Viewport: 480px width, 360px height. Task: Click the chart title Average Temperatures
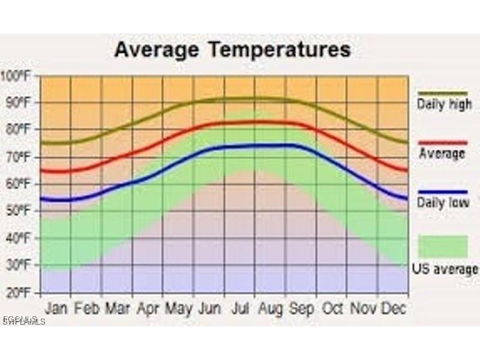pos(232,49)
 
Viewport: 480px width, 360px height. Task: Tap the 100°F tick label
pos(17,76)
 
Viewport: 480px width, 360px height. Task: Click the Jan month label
pos(56,308)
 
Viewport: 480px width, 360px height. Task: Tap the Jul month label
pos(240,308)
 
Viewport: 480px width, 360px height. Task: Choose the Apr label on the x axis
pos(148,308)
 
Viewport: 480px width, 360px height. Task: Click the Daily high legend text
pos(444,104)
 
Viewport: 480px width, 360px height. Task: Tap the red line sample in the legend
pos(443,143)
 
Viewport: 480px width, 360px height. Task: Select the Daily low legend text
pos(443,203)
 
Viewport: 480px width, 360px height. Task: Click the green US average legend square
pos(443,247)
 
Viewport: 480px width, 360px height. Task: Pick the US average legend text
pos(445,269)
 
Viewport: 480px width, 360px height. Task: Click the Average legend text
pos(442,154)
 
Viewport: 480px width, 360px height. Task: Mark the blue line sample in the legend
pos(443,191)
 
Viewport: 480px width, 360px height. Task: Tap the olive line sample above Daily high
pos(443,93)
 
